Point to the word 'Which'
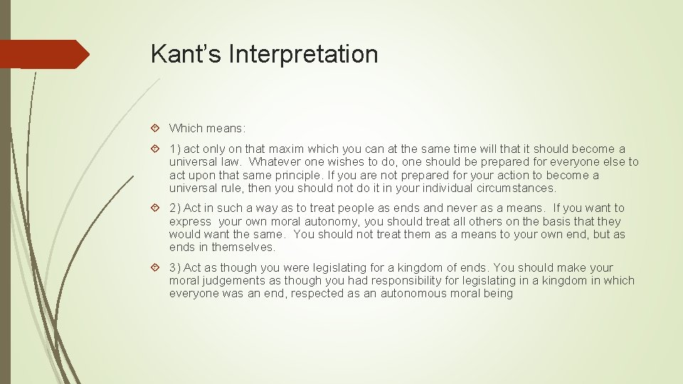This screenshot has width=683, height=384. click(185, 129)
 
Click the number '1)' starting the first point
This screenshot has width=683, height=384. click(176, 149)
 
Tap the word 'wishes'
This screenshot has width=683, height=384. click(359, 162)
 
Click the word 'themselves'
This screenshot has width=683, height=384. click(244, 247)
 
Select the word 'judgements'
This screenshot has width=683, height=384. click(230, 281)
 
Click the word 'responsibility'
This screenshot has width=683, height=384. click(396, 281)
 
